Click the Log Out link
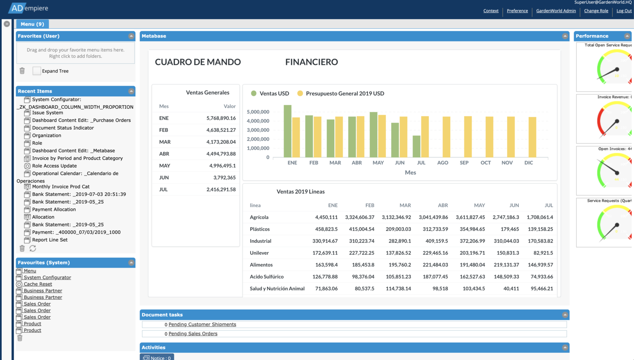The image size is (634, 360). (x=624, y=11)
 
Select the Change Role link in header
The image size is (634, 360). (x=596, y=11)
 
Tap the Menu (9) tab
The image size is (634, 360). (x=32, y=24)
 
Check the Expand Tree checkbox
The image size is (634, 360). (x=37, y=71)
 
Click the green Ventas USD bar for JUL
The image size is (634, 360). (x=416, y=146)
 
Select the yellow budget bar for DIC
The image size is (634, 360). (x=532, y=137)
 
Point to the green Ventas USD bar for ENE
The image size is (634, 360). (x=287, y=131)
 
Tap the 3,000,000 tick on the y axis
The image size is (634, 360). (x=258, y=130)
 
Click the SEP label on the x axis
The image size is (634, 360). (x=464, y=163)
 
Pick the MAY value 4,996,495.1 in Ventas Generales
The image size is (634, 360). (x=222, y=166)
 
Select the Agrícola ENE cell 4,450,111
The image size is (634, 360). (x=326, y=217)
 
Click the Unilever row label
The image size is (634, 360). (x=259, y=253)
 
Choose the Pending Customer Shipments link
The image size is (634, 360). (x=202, y=324)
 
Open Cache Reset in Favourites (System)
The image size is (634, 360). (x=38, y=284)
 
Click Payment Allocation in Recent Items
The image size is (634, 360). (x=54, y=209)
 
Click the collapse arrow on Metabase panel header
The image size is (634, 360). (x=565, y=36)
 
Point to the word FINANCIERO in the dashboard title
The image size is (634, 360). (x=311, y=62)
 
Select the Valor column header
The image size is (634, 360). (x=229, y=106)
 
